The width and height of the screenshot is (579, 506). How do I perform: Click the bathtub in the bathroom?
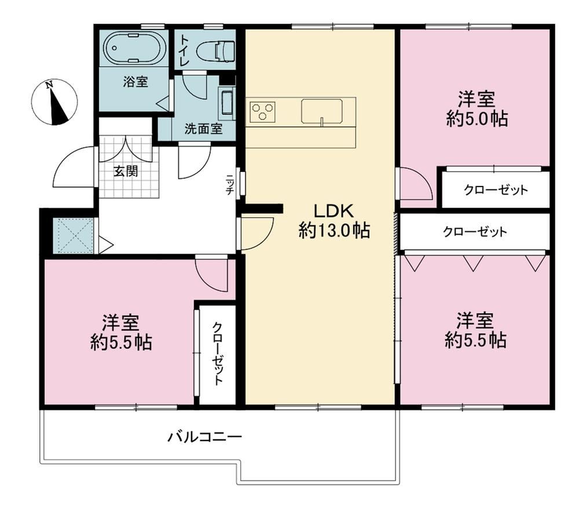click(134, 48)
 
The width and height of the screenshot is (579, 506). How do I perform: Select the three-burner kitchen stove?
click(262, 111)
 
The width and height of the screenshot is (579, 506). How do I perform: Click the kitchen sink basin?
click(321, 111)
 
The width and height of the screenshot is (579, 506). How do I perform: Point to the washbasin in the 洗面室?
click(227, 104)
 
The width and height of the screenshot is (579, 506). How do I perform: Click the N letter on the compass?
click(49, 85)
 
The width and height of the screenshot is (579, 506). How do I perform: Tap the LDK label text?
click(334, 211)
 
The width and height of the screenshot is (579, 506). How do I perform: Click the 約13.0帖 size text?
click(334, 231)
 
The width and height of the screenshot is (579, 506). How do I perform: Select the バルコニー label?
click(205, 437)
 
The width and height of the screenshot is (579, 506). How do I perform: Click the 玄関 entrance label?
click(125, 171)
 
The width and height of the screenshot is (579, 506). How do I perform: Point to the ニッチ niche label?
click(230, 184)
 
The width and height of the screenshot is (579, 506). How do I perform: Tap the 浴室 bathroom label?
click(135, 82)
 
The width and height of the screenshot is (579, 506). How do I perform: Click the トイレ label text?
click(184, 50)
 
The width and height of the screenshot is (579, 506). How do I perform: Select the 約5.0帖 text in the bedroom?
click(477, 119)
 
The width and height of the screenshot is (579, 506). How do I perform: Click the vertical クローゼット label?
click(218, 354)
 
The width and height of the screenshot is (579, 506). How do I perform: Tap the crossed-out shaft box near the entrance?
click(73, 236)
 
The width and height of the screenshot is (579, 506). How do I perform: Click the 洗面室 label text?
click(203, 129)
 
